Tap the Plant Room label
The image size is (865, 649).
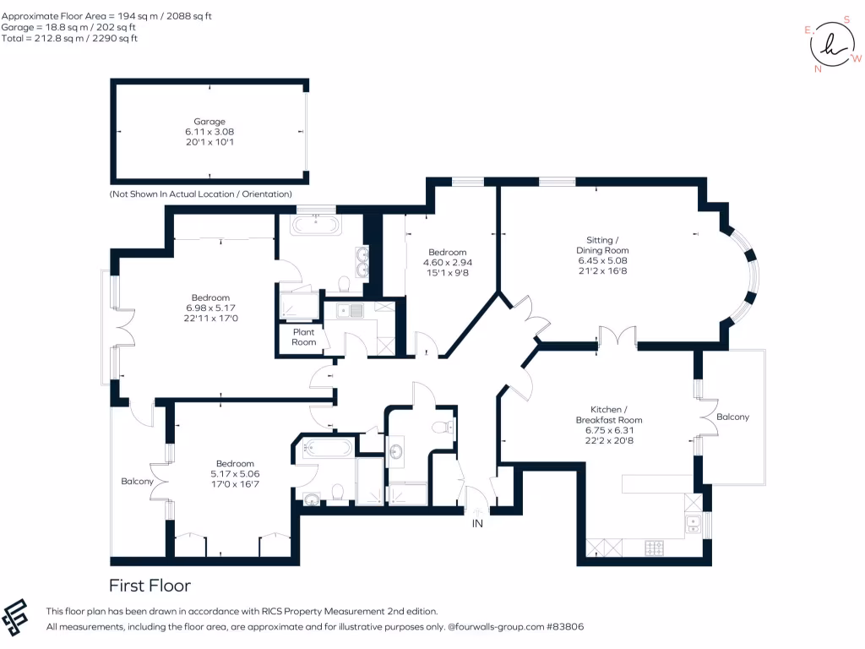(x=304, y=337)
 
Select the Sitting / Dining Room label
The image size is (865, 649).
(x=602, y=245)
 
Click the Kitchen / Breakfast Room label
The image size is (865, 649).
(x=608, y=414)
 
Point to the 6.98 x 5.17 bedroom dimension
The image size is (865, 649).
(x=210, y=308)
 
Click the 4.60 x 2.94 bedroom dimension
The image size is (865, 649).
(x=447, y=262)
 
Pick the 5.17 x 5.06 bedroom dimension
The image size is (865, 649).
(x=235, y=474)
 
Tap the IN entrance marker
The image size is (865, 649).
(x=477, y=524)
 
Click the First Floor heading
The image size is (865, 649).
(x=150, y=586)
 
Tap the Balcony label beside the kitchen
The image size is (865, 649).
(x=732, y=417)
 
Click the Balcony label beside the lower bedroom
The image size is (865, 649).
(x=137, y=482)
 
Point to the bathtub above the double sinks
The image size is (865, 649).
(x=315, y=225)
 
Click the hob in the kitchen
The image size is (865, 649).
(x=655, y=548)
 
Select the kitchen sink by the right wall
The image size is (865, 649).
(x=693, y=523)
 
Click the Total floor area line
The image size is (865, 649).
(x=69, y=38)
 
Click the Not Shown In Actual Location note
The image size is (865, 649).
(x=201, y=194)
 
